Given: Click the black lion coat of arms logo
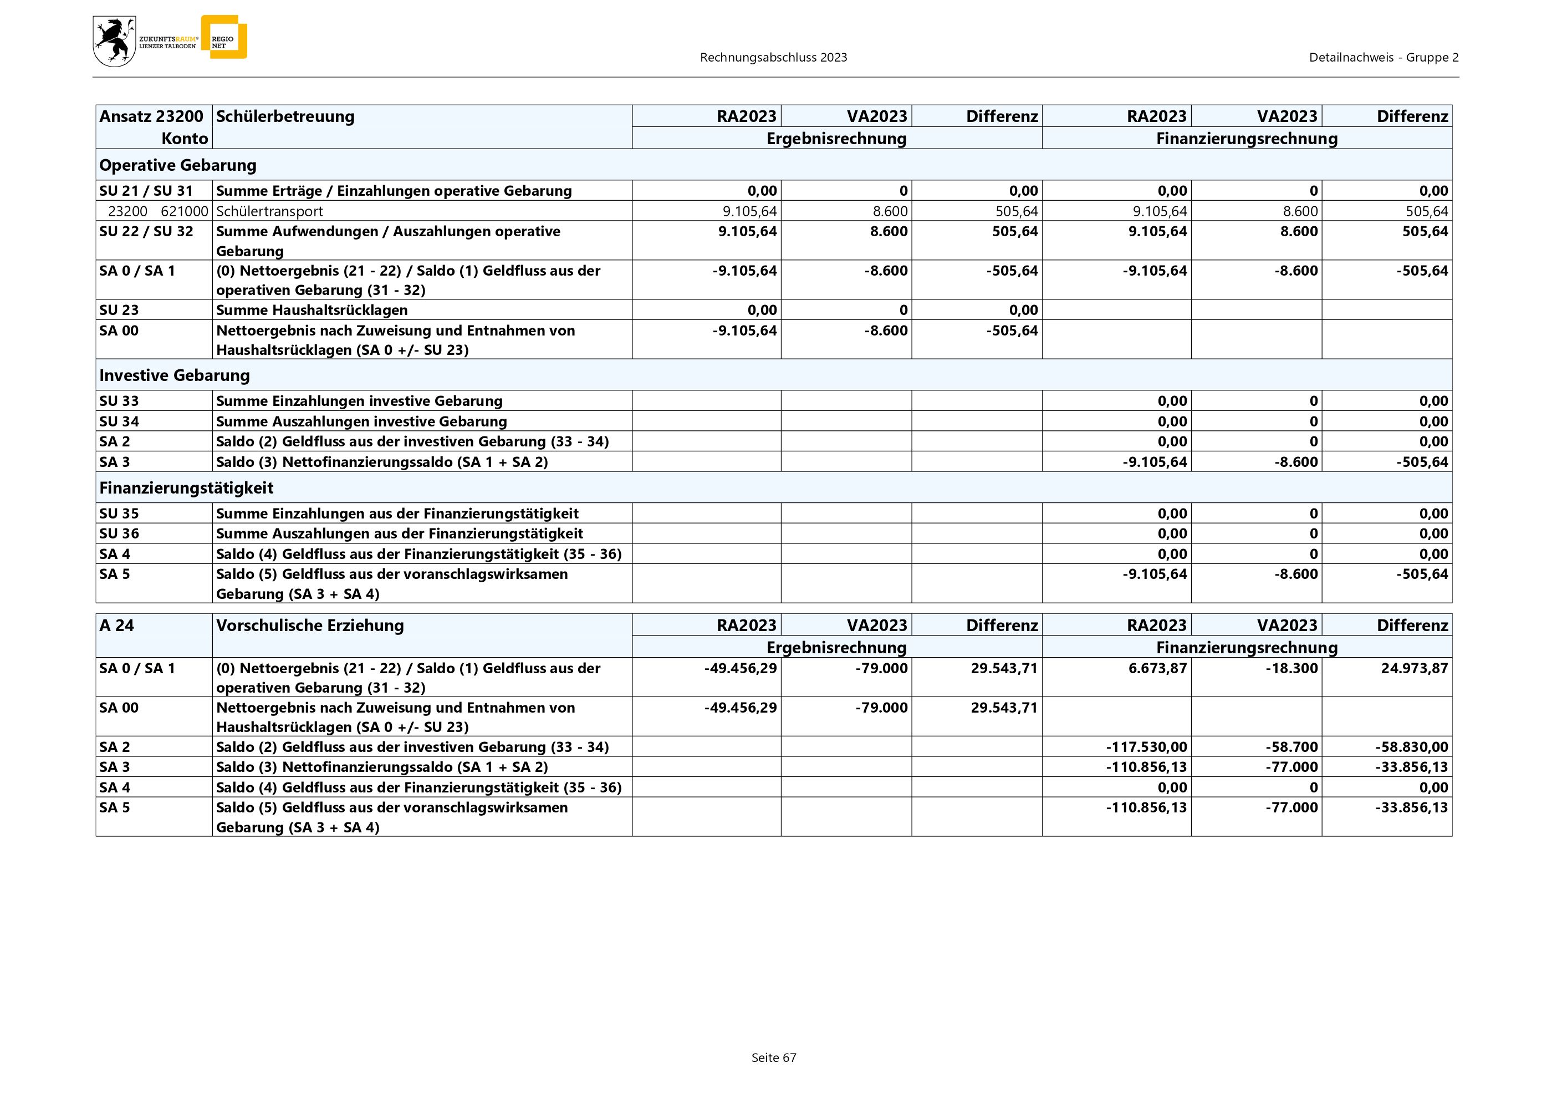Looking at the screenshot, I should (x=114, y=41).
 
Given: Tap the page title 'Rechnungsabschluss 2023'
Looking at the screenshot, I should (x=773, y=58).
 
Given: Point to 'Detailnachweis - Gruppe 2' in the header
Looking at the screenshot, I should (x=1383, y=58).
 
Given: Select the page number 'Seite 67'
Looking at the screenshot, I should (x=774, y=1058).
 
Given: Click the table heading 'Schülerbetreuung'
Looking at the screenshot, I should (x=285, y=116).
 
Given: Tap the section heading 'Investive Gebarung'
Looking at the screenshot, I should (x=175, y=375).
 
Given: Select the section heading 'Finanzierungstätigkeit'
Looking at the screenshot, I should (x=186, y=487).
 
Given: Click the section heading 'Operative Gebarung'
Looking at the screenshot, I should (x=178, y=165).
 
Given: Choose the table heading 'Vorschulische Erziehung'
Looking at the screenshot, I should (x=310, y=626).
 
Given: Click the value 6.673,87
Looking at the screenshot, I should (x=1157, y=668).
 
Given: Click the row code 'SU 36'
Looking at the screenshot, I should (x=119, y=533).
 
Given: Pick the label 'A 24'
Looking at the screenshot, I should (x=116, y=626).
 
